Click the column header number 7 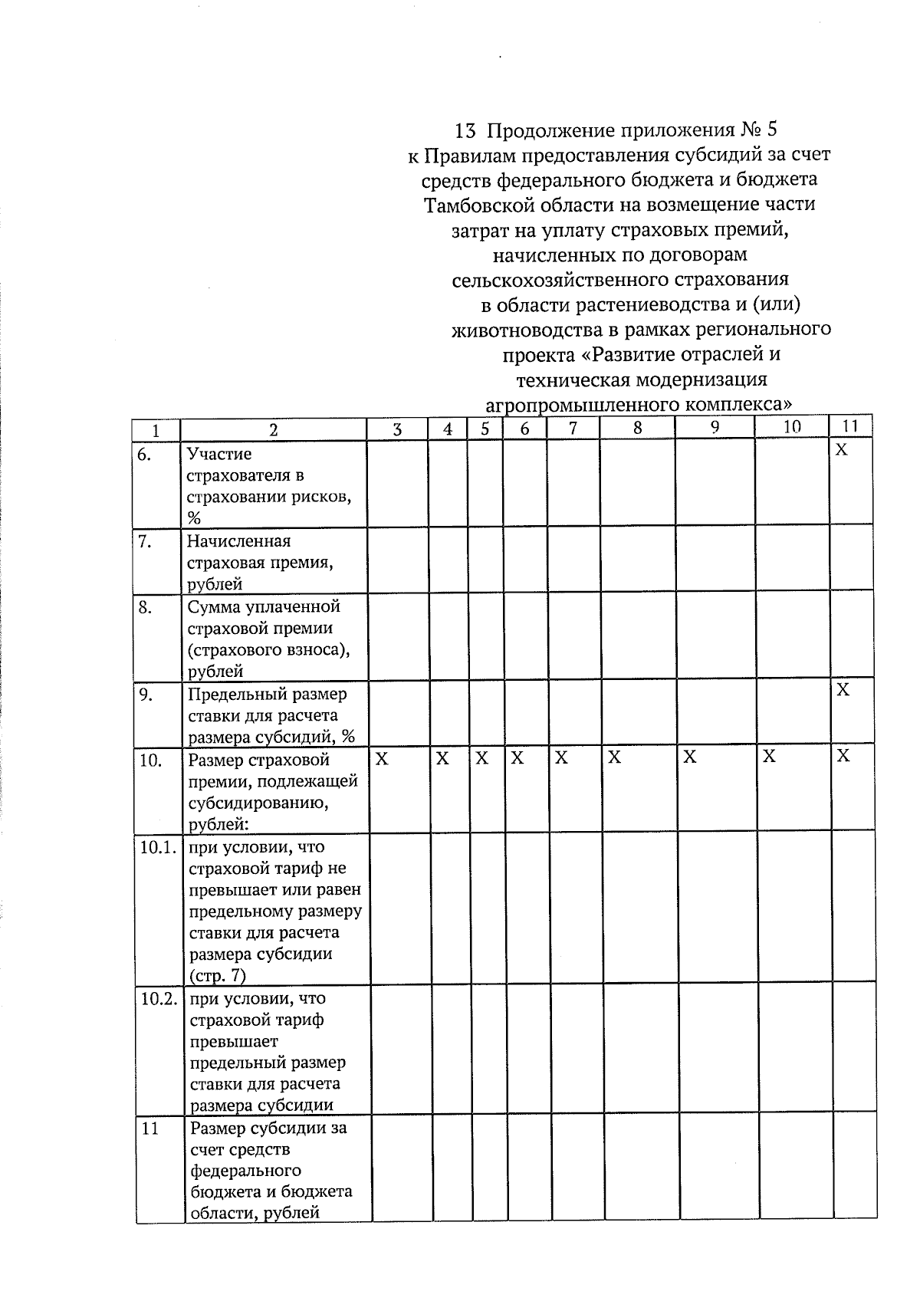click(573, 429)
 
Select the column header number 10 click(792, 427)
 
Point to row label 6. click(144, 455)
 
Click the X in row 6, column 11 click(841, 450)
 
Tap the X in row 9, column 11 click(843, 690)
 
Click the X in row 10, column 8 click(614, 758)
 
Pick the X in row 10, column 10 click(769, 757)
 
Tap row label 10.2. click(158, 999)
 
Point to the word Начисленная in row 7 click(238, 541)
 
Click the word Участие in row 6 click(219, 455)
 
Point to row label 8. click(144, 607)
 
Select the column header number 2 click(274, 430)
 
